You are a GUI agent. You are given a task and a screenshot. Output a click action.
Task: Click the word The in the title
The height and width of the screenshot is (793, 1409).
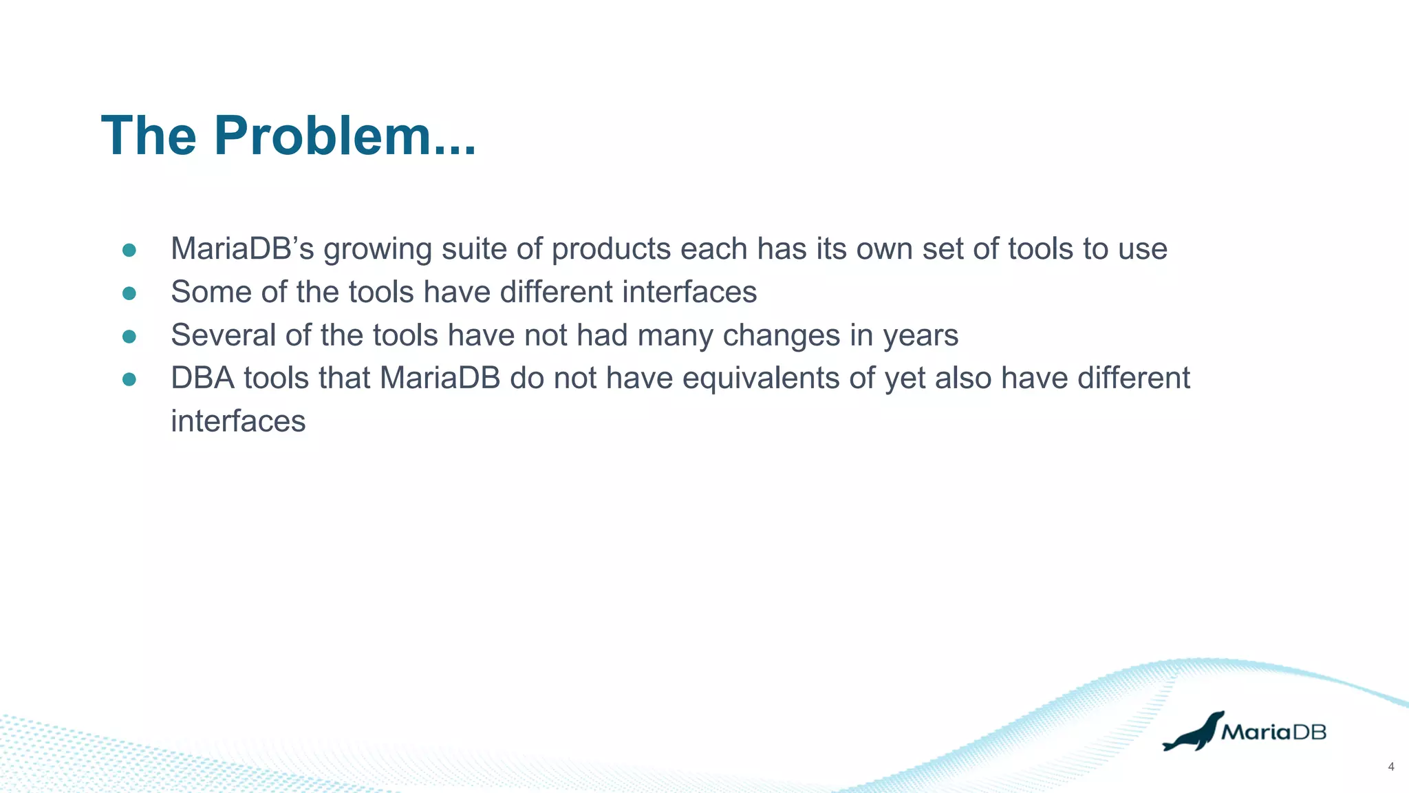tap(149, 136)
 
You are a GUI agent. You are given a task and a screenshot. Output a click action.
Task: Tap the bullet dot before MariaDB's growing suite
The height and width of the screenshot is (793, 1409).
tap(129, 250)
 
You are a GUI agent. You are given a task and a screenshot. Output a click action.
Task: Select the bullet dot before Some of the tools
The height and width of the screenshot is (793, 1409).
tap(129, 293)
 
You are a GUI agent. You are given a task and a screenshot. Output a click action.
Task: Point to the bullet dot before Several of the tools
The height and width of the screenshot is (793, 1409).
tap(129, 337)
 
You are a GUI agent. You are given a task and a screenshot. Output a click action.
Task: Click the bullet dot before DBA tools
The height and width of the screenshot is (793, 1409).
tap(129, 379)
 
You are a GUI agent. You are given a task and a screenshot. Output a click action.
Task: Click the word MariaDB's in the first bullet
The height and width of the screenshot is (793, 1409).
tap(242, 249)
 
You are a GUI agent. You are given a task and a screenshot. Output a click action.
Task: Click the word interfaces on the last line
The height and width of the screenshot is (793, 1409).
tap(238, 421)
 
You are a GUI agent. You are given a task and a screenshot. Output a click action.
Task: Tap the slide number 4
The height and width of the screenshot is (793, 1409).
tap(1391, 767)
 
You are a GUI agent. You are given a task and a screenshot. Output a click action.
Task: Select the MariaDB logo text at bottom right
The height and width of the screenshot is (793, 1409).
tap(1273, 732)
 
